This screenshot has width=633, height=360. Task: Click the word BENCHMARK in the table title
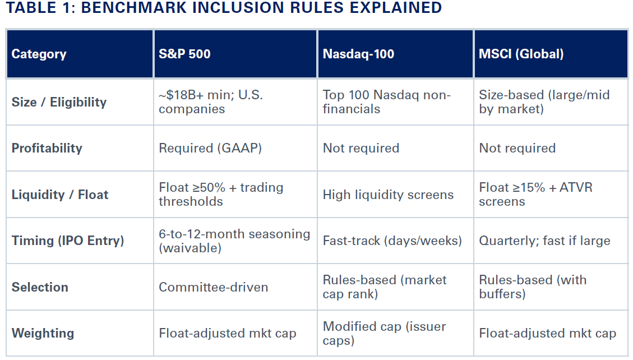tap(140, 8)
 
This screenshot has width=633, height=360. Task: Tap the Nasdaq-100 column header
tap(358, 54)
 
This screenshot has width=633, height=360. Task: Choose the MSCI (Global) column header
tap(521, 54)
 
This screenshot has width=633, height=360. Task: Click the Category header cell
tap(39, 54)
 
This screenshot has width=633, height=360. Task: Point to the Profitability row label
tap(47, 149)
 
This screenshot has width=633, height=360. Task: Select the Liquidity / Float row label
tap(60, 195)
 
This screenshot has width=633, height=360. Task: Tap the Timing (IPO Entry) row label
tap(68, 241)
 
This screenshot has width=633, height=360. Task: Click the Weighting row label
tap(43, 333)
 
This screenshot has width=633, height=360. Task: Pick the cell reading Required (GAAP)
tap(210, 149)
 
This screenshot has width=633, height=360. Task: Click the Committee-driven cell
tap(213, 287)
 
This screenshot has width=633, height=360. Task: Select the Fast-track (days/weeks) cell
tap(392, 241)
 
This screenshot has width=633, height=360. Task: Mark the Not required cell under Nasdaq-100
tap(361, 149)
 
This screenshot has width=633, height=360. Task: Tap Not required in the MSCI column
tap(517, 149)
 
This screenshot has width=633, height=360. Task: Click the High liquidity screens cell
tap(388, 195)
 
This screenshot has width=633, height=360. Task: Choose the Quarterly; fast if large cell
tap(544, 241)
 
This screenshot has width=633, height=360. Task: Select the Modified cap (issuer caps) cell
tap(384, 333)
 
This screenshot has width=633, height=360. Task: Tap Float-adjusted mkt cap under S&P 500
tap(227, 334)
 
